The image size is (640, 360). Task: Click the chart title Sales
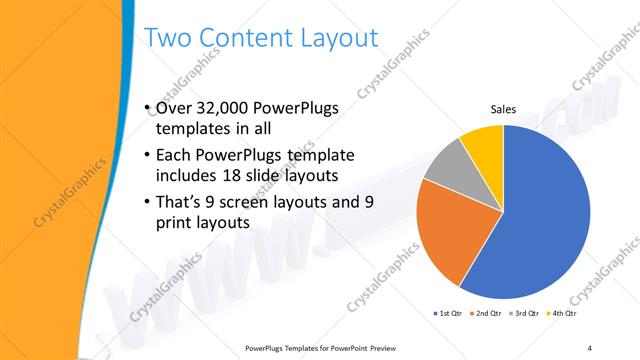pyautogui.click(x=502, y=110)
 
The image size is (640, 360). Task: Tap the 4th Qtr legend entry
pyautogui.click(x=564, y=314)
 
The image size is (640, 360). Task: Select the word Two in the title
pyautogui.click(x=166, y=39)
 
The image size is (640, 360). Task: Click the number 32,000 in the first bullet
pyautogui.click(x=224, y=109)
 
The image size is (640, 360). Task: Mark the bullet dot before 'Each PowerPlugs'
pyautogui.click(x=148, y=155)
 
